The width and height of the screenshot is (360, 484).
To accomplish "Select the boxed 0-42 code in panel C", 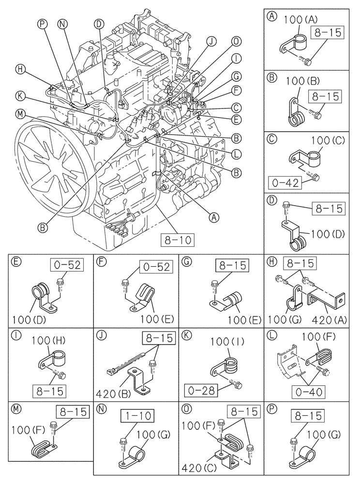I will point(285,183).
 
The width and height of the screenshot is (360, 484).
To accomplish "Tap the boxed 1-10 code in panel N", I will point(134,415).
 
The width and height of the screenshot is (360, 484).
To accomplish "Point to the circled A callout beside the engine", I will point(212,218).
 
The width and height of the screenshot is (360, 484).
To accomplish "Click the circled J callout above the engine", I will point(211,42).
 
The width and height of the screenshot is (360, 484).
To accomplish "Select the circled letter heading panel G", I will point(186,263).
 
